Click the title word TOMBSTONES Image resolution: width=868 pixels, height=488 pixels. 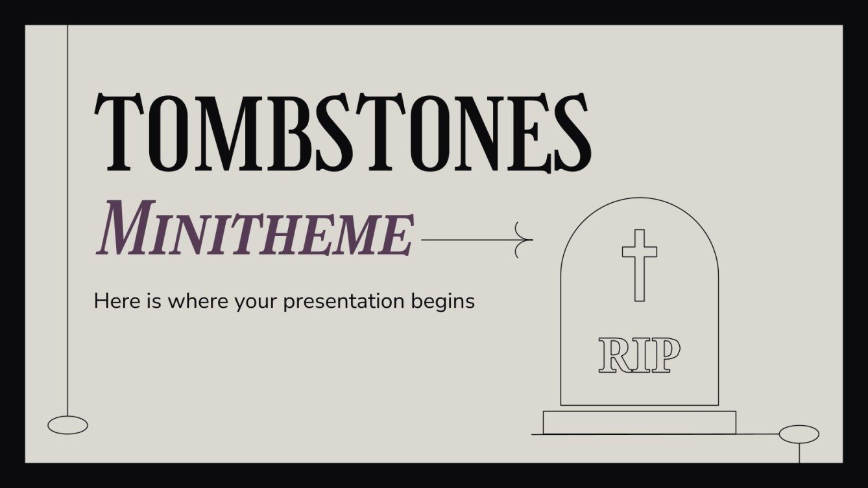point(343,134)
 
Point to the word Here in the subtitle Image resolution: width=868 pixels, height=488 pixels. point(112,301)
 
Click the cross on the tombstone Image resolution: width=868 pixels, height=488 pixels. point(639,264)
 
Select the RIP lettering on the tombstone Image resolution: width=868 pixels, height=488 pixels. point(639,355)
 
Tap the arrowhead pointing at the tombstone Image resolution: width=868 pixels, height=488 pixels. point(524,240)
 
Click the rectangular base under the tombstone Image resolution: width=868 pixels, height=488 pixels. point(639,422)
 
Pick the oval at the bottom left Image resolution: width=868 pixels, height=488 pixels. point(67,424)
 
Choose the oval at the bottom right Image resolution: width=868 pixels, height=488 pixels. point(799,434)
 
